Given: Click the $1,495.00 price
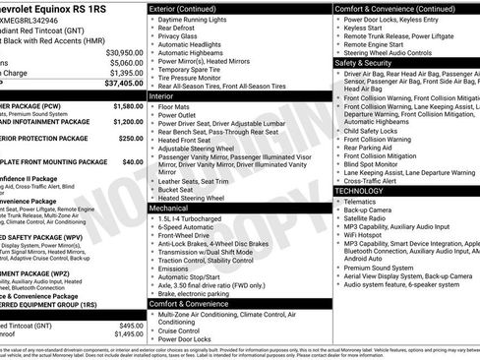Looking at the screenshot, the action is pos(125,334).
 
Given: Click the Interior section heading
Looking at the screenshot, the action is pos(161,96).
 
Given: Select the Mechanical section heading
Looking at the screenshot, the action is pos(169,208).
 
